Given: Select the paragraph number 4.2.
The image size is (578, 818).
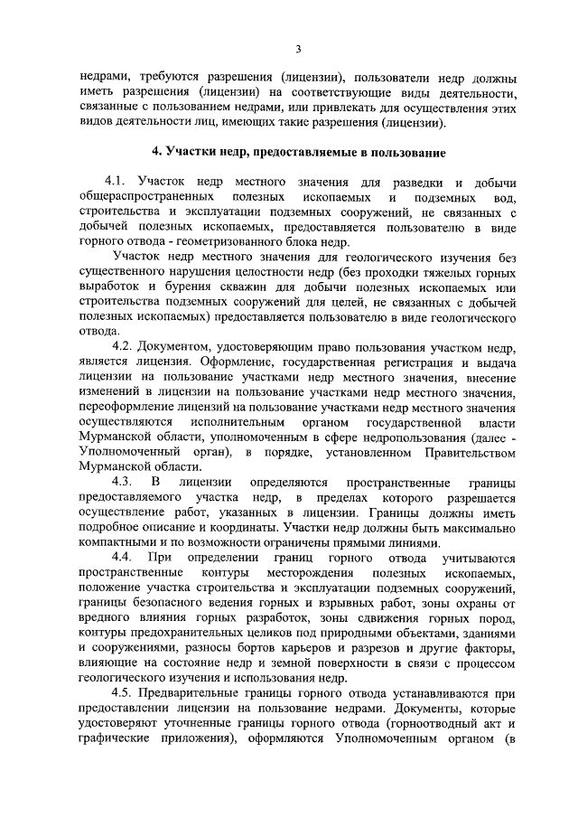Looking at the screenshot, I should point(123,345).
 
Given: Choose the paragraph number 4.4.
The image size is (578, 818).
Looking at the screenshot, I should point(123,559).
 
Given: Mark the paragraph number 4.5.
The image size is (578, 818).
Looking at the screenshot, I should point(123,691).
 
